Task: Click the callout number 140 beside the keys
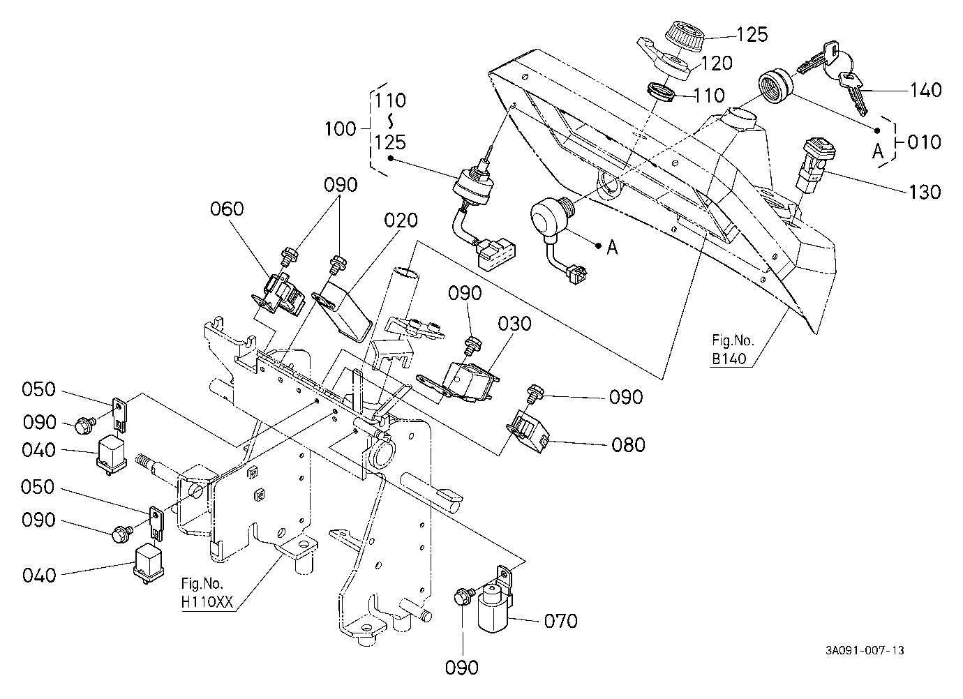click(925, 90)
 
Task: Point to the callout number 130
click(925, 192)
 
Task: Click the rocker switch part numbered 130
click(814, 164)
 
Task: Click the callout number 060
click(227, 209)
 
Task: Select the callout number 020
click(401, 220)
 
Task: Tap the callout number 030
click(514, 324)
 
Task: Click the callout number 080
click(628, 445)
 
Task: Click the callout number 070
click(560, 621)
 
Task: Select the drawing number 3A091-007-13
click(865, 650)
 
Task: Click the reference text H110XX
click(207, 602)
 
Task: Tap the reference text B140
click(729, 359)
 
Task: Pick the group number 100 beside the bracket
click(340, 129)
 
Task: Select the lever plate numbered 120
click(664, 60)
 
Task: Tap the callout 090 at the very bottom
click(462, 668)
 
